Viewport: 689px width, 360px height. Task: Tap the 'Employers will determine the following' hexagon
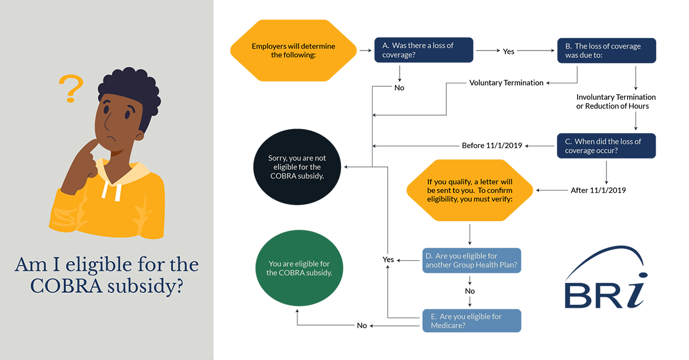pyautogui.click(x=293, y=51)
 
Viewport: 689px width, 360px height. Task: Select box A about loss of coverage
pyautogui.click(x=424, y=51)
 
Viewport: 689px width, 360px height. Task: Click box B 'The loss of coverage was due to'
pyautogui.click(x=606, y=51)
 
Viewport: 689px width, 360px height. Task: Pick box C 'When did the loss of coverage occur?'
pyautogui.click(x=606, y=146)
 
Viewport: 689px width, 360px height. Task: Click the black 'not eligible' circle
pyautogui.click(x=297, y=167)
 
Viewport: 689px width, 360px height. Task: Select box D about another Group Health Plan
pyautogui.click(x=471, y=260)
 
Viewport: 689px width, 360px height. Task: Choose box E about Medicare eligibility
pyautogui.click(x=471, y=320)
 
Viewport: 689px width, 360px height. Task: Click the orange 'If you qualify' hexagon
pyautogui.click(x=470, y=190)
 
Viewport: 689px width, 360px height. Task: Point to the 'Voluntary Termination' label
pyautogui.click(x=506, y=83)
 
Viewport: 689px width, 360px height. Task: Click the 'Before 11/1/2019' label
pyautogui.click(x=491, y=145)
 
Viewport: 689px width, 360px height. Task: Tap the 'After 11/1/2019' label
pyautogui.click(x=598, y=190)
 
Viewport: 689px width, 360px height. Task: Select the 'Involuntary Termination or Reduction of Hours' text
pyautogui.click(x=616, y=102)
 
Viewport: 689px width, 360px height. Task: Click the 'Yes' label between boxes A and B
pyautogui.click(x=509, y=51)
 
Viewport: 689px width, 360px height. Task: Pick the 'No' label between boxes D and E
pyautogui.click(x=470, y=291)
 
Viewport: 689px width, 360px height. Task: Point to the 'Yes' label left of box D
pyautogui.click(x=388, y=260)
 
